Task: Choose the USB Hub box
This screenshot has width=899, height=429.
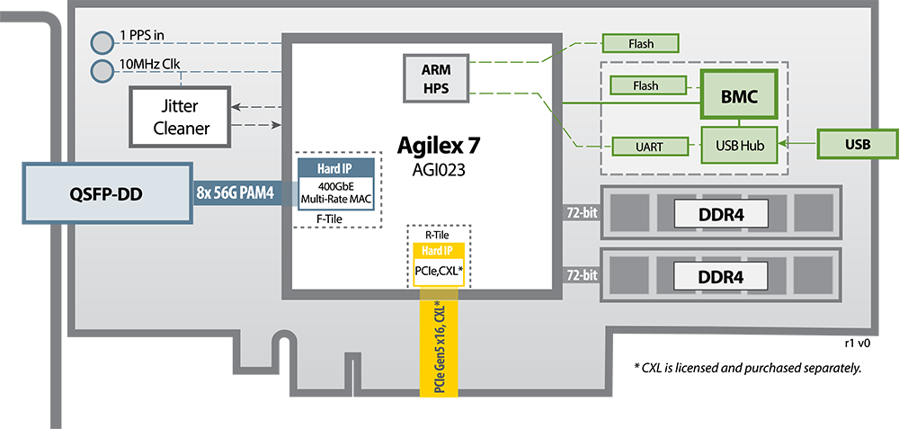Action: [739, 144]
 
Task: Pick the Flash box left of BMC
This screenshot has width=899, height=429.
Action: [645, 86]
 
